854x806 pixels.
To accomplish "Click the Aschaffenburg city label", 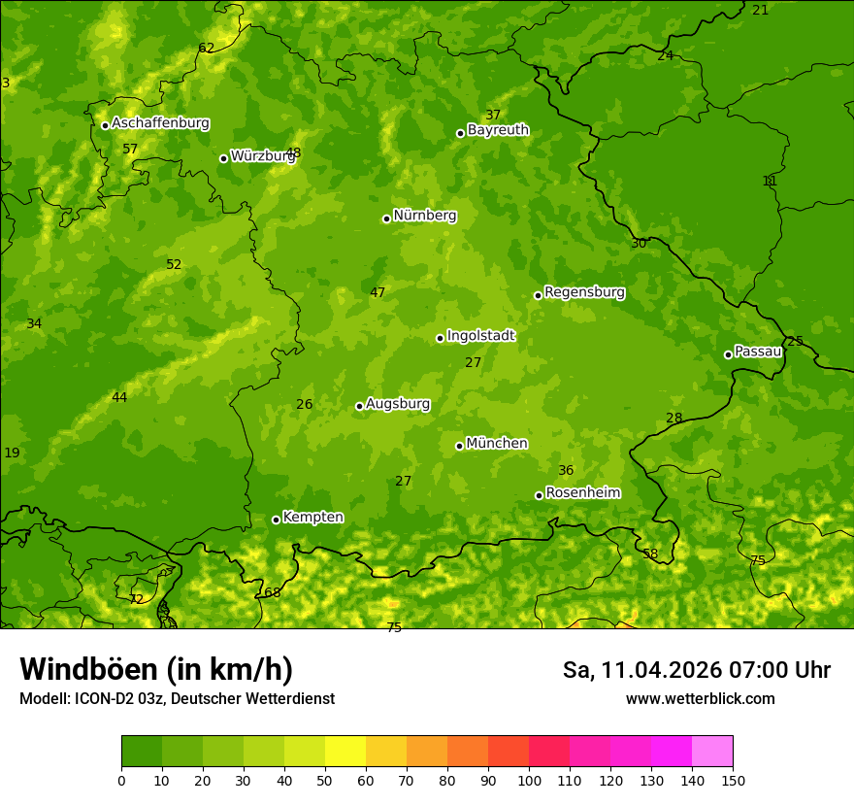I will pyautogui.click(x=160, y=123).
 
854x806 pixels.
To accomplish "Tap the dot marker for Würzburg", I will pyautogui.click(x=223, y=158).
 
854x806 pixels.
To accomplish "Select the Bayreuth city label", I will pyautogui.click(x=498, y=129).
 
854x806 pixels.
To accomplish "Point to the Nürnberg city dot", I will pyautogui.click(x=386, y=218).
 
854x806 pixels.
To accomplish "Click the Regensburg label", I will pyautogui.click(x=584, y=291).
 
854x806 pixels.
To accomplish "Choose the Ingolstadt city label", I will pyautogui.click(x=480, y=335).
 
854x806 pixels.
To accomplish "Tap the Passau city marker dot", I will pyautogui.click(x=728, y=354).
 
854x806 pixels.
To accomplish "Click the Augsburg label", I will pyautogui.click(x=398, y=403).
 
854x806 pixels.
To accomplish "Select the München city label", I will pyautogui.click(x=497, y=443).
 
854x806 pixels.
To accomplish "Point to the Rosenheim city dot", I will pyautogui.click(x=539, y=495).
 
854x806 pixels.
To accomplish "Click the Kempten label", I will pyautogui.click(x=312, y=517).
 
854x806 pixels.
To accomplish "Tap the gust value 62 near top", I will pyautogui.click(x=206, y=48).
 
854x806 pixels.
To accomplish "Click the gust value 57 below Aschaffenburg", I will pyautogui.click(x=130, y=149).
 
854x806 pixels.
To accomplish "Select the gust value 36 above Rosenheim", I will pyautogui.click(x=566, y=470).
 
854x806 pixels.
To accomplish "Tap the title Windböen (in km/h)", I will pyautogui.click(x=156, y=668).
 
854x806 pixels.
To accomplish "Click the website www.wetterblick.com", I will pyautogui.click(x=700, y=698).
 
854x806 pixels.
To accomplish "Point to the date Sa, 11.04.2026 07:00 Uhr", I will pyautogui.click(x=696, y=669).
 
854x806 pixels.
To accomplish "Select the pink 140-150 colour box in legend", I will pyautogui.click(x=712, y=752).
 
